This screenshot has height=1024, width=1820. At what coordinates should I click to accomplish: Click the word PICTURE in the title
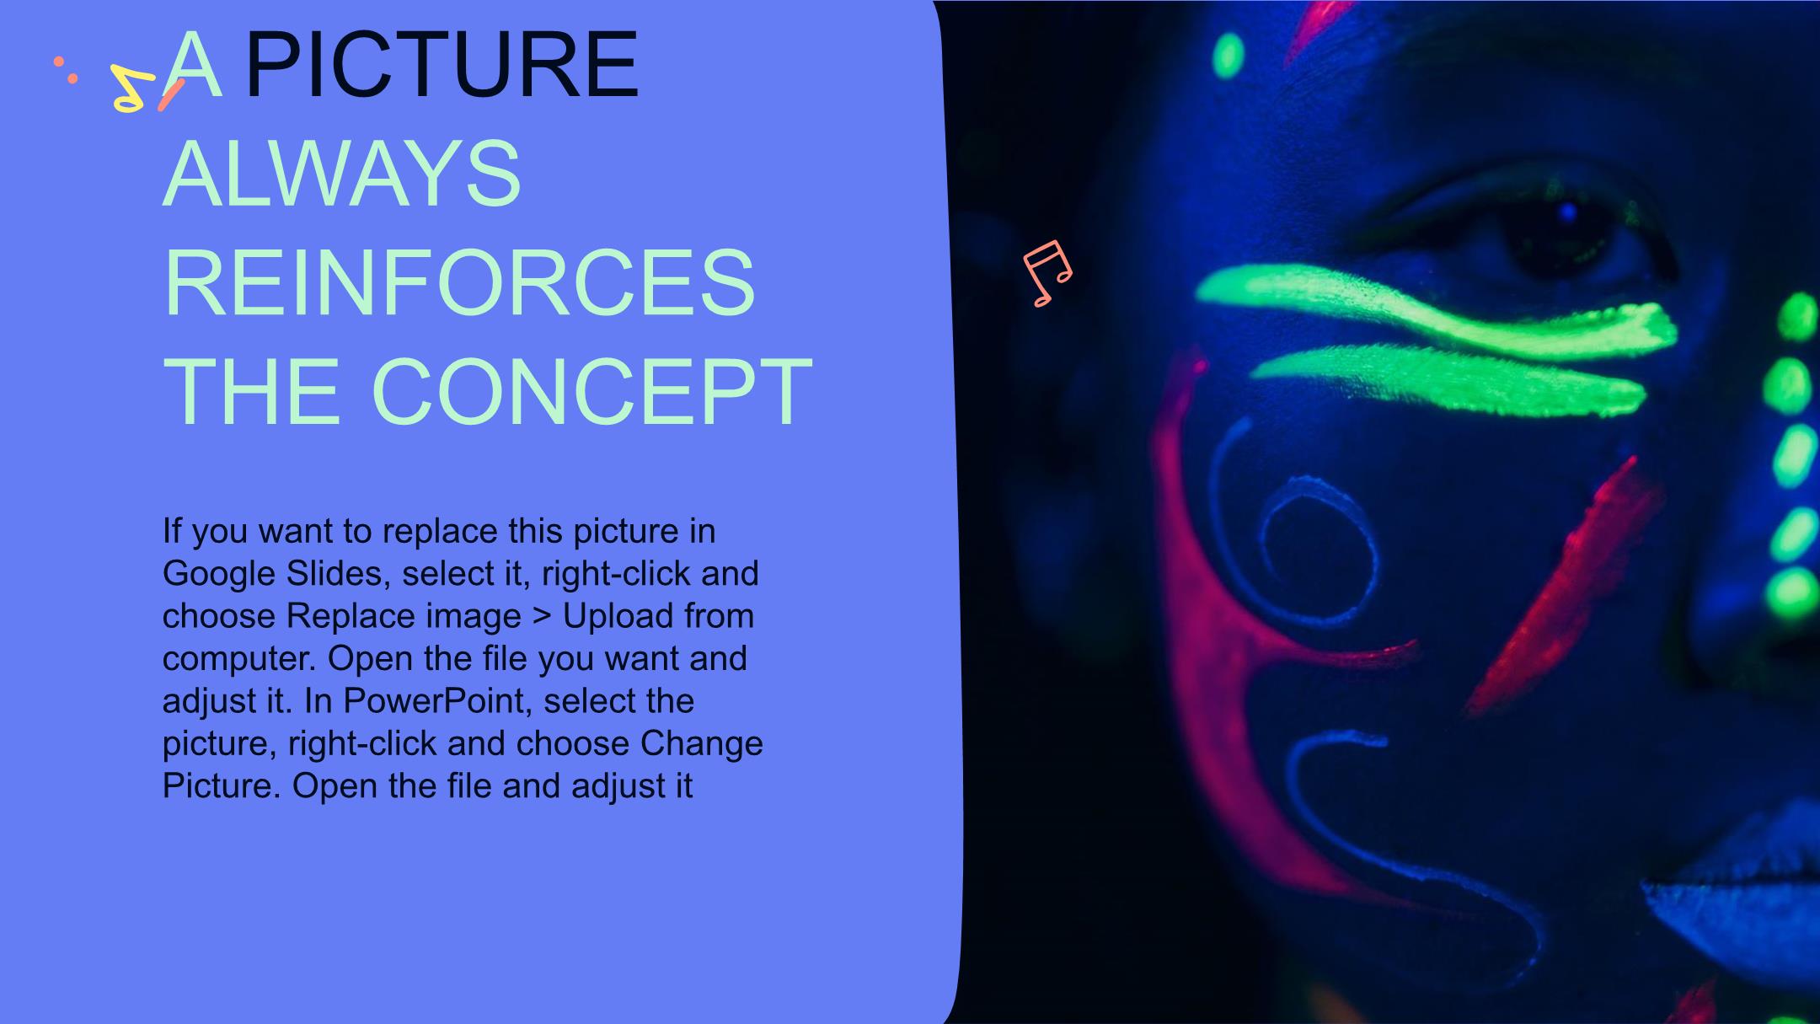442,65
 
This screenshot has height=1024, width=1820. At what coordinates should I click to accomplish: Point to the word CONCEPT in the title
591,392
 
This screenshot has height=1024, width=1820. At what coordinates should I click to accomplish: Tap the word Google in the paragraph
218,575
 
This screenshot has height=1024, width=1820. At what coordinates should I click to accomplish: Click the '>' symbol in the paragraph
542,617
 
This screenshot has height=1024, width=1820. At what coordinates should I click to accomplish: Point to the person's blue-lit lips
1727,893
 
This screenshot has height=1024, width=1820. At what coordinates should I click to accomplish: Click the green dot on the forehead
1228,56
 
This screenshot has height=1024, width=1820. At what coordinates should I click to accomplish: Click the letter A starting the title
193,65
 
